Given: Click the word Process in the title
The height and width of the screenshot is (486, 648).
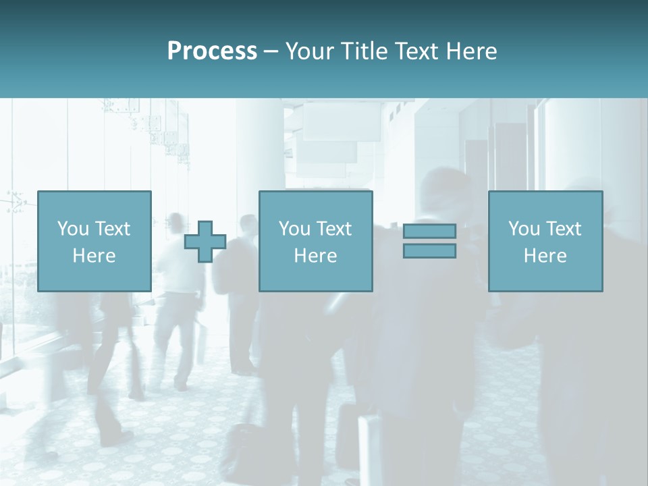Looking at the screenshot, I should pos(212,51).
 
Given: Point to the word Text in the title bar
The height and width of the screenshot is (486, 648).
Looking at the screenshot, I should pos(416,51).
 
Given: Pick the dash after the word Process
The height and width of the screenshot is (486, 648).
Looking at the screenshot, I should pos(271,52).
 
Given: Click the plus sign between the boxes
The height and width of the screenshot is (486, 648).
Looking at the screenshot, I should pos(205,242).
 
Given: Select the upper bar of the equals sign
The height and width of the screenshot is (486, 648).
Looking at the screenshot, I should pos(429,231).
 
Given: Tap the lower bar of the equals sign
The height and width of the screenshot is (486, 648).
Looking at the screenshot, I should pos(429,251).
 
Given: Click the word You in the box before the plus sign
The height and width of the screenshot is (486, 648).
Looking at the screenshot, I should pos(72,229).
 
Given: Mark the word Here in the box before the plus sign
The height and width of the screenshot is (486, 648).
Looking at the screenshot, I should pos(94,256).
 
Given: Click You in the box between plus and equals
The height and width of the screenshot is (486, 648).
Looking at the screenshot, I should pos(294,229).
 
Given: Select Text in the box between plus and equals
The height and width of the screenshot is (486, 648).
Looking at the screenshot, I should pos(333,229).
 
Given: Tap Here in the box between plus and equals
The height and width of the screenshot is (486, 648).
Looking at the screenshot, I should pos(315,256).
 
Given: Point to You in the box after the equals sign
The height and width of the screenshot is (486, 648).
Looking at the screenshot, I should pos(524,229).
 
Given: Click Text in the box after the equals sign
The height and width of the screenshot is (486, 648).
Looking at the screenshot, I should pos(563,229).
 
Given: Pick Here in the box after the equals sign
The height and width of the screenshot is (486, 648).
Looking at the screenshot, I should pos(545,256).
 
